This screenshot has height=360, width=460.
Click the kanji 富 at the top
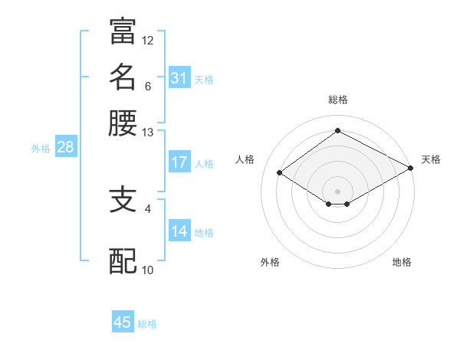point(123,31)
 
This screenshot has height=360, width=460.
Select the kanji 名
point(123,77)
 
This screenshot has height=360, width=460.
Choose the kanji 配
point(123,260)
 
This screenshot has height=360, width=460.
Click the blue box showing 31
point(179,78)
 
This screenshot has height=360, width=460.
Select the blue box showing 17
point(179,162)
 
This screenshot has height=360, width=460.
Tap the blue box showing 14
point(179,231)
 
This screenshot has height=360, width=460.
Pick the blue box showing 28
point(65,148)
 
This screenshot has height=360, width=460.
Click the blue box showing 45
point(123,322)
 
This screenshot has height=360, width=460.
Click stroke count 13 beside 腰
point(148,133)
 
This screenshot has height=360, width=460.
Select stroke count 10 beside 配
point(148,270)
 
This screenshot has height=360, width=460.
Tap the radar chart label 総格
point(338,100)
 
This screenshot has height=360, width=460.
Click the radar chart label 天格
point(431,159)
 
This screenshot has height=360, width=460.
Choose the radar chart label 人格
point(245,159)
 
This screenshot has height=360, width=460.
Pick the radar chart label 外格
point(270,262)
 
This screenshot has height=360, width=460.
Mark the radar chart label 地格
point(402,262)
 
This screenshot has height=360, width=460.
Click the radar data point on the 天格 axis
point(412,168)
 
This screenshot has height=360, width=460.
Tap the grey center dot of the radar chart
point(337,191)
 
